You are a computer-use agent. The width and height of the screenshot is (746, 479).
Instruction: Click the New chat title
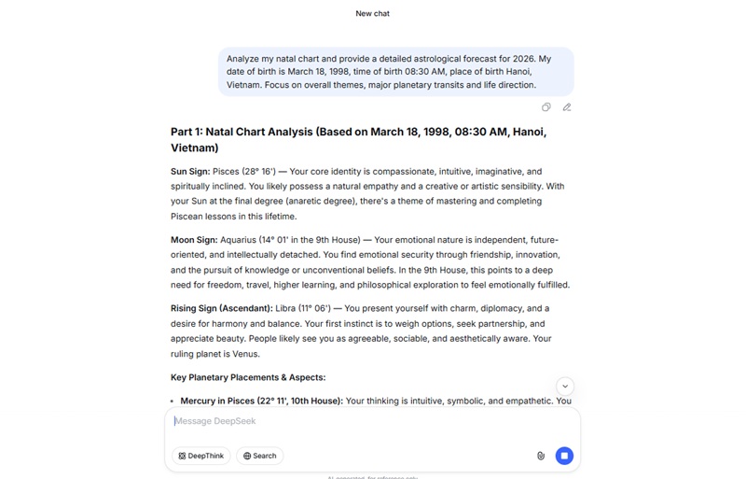(372, 14)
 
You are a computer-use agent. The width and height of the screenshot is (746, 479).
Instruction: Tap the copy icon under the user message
(546, 107)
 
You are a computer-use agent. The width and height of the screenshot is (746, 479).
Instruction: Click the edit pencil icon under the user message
(566, 107)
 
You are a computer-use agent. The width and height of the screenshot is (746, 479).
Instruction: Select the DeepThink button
(201, 456)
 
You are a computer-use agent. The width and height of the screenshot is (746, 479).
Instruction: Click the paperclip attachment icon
(541, 456)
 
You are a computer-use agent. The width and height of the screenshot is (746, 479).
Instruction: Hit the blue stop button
(564, 456)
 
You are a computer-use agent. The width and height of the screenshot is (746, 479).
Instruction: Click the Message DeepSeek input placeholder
(215, 421)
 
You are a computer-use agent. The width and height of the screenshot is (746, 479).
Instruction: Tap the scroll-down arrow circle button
(564, 387)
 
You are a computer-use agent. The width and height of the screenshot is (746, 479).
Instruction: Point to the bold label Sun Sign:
(190, 172)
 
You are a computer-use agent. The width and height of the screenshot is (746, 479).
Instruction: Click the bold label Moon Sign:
(194, 240)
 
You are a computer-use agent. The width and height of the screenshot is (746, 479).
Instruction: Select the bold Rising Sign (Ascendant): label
(221, 308)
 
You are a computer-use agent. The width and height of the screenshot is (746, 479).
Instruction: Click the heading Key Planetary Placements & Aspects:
(248, 377)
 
